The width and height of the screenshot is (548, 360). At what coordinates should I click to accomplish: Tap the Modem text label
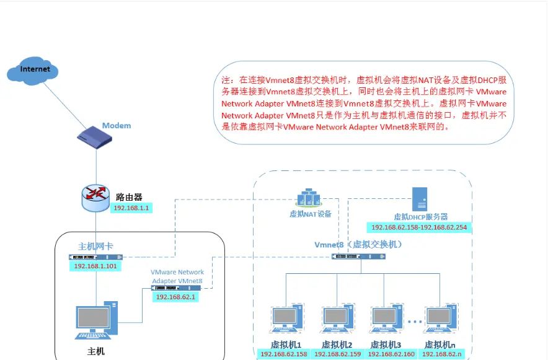pyautogui.click(x=117, y=126)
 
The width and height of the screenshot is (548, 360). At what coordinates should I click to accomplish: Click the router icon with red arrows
pyautogui.click(x=95, y=196)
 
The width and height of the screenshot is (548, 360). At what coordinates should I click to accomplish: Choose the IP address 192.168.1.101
pyautogui.click(x=95, y=266)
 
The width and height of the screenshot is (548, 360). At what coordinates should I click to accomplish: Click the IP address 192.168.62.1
pyautogui.click(x=175, y=297)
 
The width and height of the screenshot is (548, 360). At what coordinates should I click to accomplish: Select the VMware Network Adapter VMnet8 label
pyautogui.click(x=177, y=276)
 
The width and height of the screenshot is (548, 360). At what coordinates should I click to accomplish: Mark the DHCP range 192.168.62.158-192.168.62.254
pyautogui.click(x=420, y=228)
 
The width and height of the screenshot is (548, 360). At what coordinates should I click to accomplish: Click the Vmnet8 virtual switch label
pyautogui.click(x=359, y=244)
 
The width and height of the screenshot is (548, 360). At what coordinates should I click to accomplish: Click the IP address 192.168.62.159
pyautogui.click(x=337, y=354)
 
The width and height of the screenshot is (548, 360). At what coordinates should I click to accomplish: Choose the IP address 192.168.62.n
pyautogui.click(x=441, y=354)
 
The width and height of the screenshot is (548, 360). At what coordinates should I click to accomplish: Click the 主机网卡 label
pyautogui.click(x=95, y=247)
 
